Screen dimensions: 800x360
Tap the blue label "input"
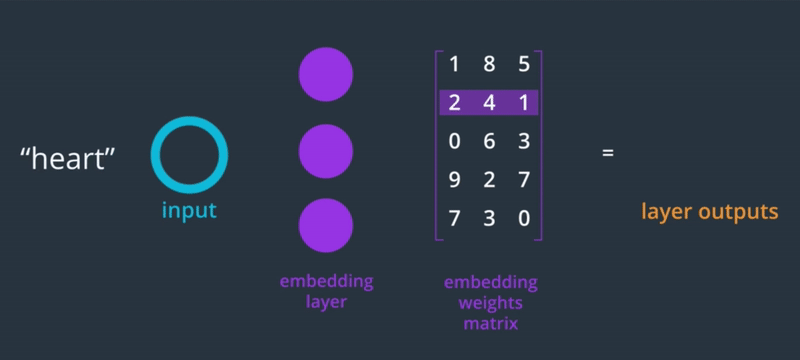coord(189,212)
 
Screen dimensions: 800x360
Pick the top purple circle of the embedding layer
coord(326,74)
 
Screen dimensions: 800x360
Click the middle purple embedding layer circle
coord(326,152)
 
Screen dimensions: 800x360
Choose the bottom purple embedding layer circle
coord(326,225)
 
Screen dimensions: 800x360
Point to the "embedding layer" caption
coord(326,291)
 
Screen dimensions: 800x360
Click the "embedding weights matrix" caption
coord(490,303)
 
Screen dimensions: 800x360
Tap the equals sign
coord(607,154)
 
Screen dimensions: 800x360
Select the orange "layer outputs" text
coord(709,212)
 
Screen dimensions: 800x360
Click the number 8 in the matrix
coord(489,65)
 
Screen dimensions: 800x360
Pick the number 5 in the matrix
coord(524,65)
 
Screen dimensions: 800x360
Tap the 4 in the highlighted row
coord(489,103)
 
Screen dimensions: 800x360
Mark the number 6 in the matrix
coord(489,141)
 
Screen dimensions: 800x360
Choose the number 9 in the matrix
coord(454,179)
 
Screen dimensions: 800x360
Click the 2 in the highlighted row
coord(454,103)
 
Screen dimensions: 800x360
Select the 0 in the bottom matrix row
coord(524,218)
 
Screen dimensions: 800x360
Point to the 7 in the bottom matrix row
coord(454,218)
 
